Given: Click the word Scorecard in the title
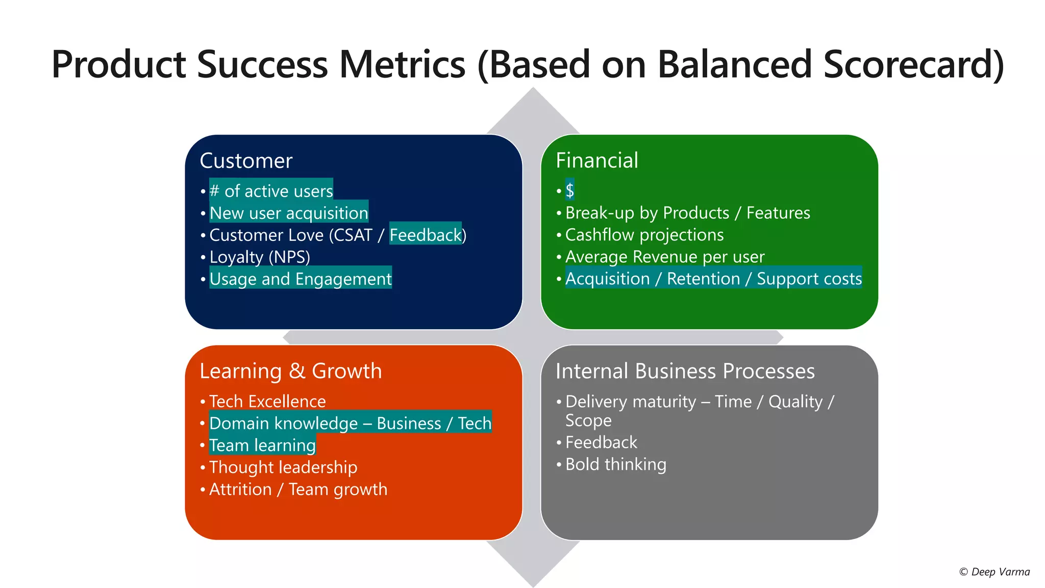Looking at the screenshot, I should [908, 65].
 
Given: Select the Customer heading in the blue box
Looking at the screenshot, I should [246, 161].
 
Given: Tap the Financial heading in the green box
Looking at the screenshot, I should [596, 160].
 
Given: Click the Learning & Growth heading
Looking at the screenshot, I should [290, 371].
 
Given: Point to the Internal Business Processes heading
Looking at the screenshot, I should [685, 371].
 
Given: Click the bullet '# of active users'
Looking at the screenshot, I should [271, 191].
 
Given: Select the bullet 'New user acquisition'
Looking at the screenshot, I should [288, 213].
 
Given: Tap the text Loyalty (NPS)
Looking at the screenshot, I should [260, 257].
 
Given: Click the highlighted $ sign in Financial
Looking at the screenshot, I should [569, 190].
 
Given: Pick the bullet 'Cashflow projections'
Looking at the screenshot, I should [644, 235].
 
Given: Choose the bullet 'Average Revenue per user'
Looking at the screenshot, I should [664, 257].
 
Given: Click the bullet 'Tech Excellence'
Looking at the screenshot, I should [267, 402].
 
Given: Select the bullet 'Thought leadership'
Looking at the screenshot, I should [283, 468].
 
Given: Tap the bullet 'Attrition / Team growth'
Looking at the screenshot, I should [298, 489].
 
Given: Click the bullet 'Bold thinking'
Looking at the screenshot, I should [615, 464].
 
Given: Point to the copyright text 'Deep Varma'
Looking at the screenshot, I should [1000, 572].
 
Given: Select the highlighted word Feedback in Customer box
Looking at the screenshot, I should [425, 235].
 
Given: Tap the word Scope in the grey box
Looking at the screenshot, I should [588, 421].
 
